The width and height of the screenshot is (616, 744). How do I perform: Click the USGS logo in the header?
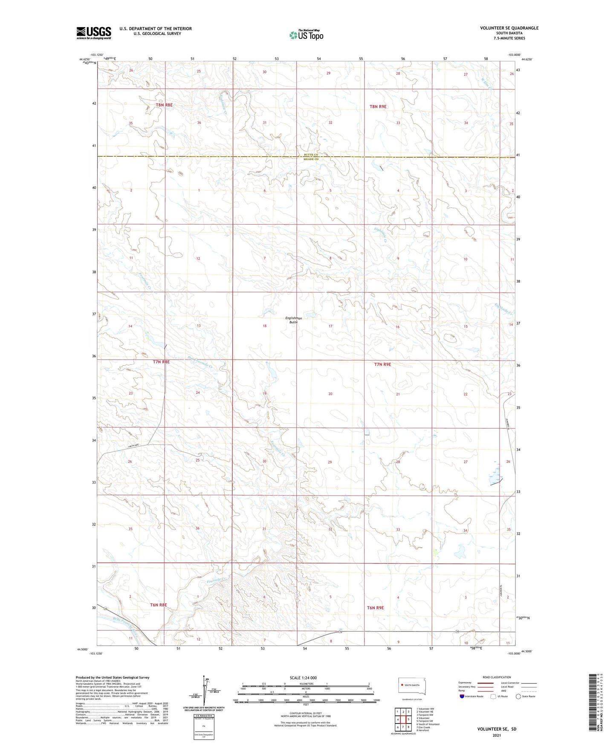coord(93,33)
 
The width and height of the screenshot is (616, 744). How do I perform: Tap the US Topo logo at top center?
coord(306,35)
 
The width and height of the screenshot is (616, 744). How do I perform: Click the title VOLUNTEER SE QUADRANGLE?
coord(509,28)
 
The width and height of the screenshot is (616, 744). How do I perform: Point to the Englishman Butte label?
coord(293,320)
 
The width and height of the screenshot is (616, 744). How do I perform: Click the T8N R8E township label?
coord(164,105)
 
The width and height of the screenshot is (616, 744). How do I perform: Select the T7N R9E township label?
coord(382,364)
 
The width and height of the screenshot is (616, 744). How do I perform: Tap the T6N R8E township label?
coord(158,605)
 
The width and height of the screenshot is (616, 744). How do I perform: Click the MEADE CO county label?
coord(311,159)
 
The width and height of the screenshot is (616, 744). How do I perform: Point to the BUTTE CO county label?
coord(311,155)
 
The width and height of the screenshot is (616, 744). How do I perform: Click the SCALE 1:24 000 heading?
coord(303,678)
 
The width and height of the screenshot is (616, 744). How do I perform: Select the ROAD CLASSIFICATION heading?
coord(497,677)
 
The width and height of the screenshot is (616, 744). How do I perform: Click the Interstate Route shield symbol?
coord(462,696)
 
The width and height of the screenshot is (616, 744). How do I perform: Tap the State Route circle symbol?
coord(518,696)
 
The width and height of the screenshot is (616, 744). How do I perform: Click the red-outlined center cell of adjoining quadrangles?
coord(403,719)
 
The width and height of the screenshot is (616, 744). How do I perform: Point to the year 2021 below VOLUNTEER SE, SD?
coord(496,735)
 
